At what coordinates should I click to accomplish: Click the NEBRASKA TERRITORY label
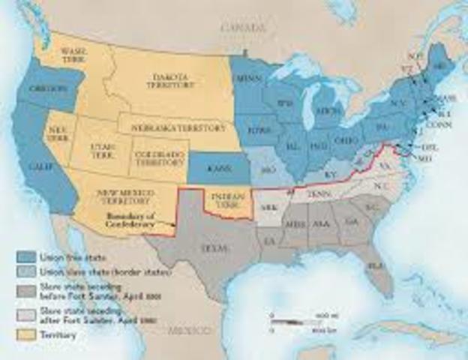tap(178, 127)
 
